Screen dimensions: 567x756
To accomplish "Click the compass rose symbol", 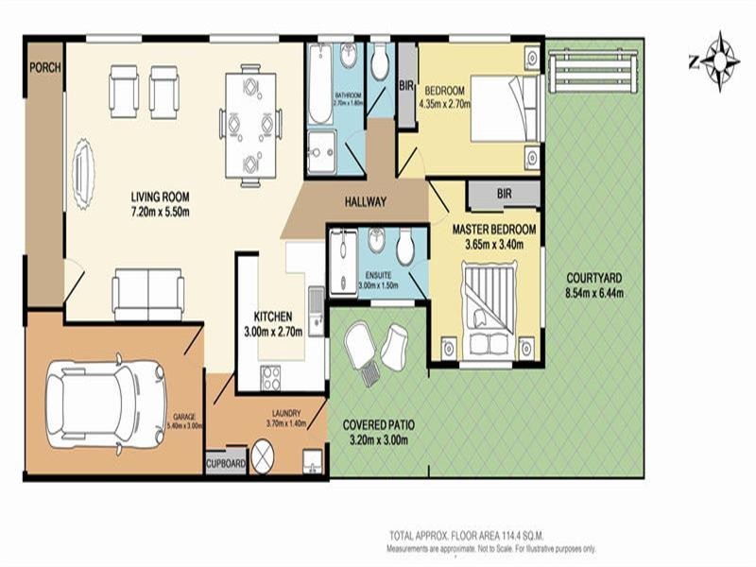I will pyautogui.click(x=723, y=61).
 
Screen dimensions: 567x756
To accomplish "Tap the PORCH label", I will pyautogui.click(x=44, y=67).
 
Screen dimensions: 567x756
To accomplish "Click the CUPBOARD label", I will pyautogui.click(x=226, y=464).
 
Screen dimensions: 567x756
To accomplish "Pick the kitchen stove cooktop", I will pyautogui.click(x=271, y=377).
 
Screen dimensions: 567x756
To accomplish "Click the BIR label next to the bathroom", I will pyautogui.click(x=406, y=86).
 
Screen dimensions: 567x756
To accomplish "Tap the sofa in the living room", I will pyautogui.click(x=147, y=294).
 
